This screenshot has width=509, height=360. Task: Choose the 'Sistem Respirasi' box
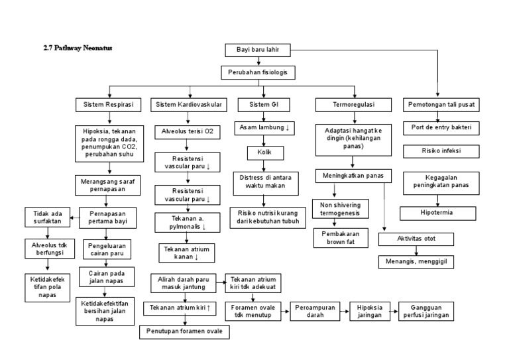(109, 105)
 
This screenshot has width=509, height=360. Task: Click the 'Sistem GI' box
(263, 105)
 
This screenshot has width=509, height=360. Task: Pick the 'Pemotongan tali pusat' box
(438, 105)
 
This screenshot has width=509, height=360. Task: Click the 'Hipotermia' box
(437, 213)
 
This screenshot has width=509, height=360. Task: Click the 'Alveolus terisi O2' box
(188, 131)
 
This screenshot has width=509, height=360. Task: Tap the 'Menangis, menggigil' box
(416, 261)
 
